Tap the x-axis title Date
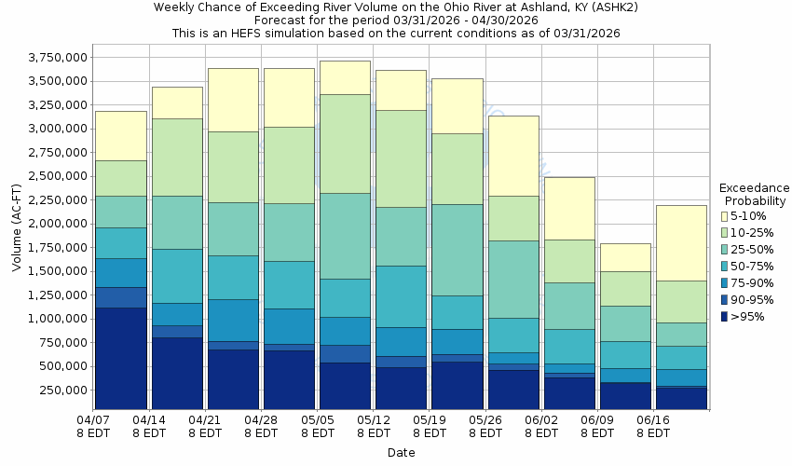(402, 453)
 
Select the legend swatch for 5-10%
(725, 216)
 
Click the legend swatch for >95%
(725, 317)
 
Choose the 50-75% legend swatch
(725, 267)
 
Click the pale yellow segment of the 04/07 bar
(121, 136)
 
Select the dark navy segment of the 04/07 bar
(121, 359)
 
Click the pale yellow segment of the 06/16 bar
(681, 243)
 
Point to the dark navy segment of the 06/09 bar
(625, 396)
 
